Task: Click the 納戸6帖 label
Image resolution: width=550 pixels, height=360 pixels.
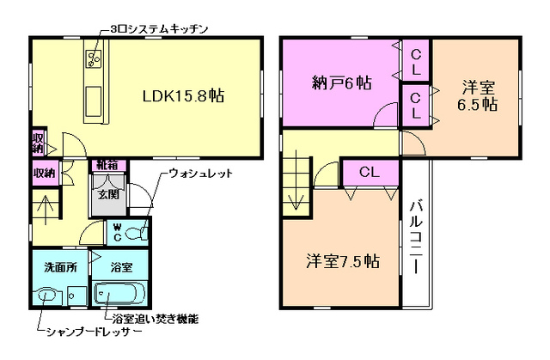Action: pos(340,83)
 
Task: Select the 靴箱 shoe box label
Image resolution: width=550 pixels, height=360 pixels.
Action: pos(107,163)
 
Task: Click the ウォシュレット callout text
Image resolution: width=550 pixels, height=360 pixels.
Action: pos(200,174)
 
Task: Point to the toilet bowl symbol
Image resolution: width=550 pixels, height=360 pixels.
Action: pos(139,233)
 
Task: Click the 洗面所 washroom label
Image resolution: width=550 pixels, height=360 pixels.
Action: pos(59,266)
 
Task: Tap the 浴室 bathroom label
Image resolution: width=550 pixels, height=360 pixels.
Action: pos(121,266)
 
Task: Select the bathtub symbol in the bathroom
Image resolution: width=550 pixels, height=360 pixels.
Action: pos(121,294)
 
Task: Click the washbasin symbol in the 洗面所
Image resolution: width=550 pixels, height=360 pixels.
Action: pos(48,296)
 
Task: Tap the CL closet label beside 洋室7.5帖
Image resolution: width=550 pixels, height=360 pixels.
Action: pos(369,172)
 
